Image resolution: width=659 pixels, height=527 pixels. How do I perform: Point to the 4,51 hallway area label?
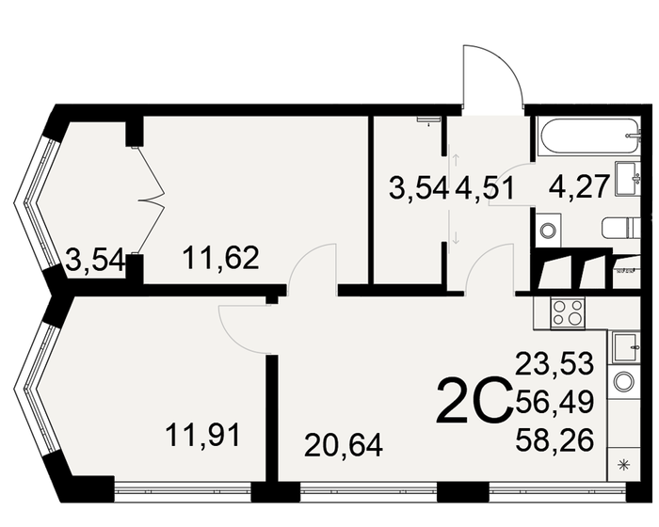coord(485,186)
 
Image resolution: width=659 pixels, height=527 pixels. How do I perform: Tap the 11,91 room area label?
coord(203,435)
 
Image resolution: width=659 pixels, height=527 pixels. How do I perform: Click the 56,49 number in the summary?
coord(555,402)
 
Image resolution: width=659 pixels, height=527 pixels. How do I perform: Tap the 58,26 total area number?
coord(555,439)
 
